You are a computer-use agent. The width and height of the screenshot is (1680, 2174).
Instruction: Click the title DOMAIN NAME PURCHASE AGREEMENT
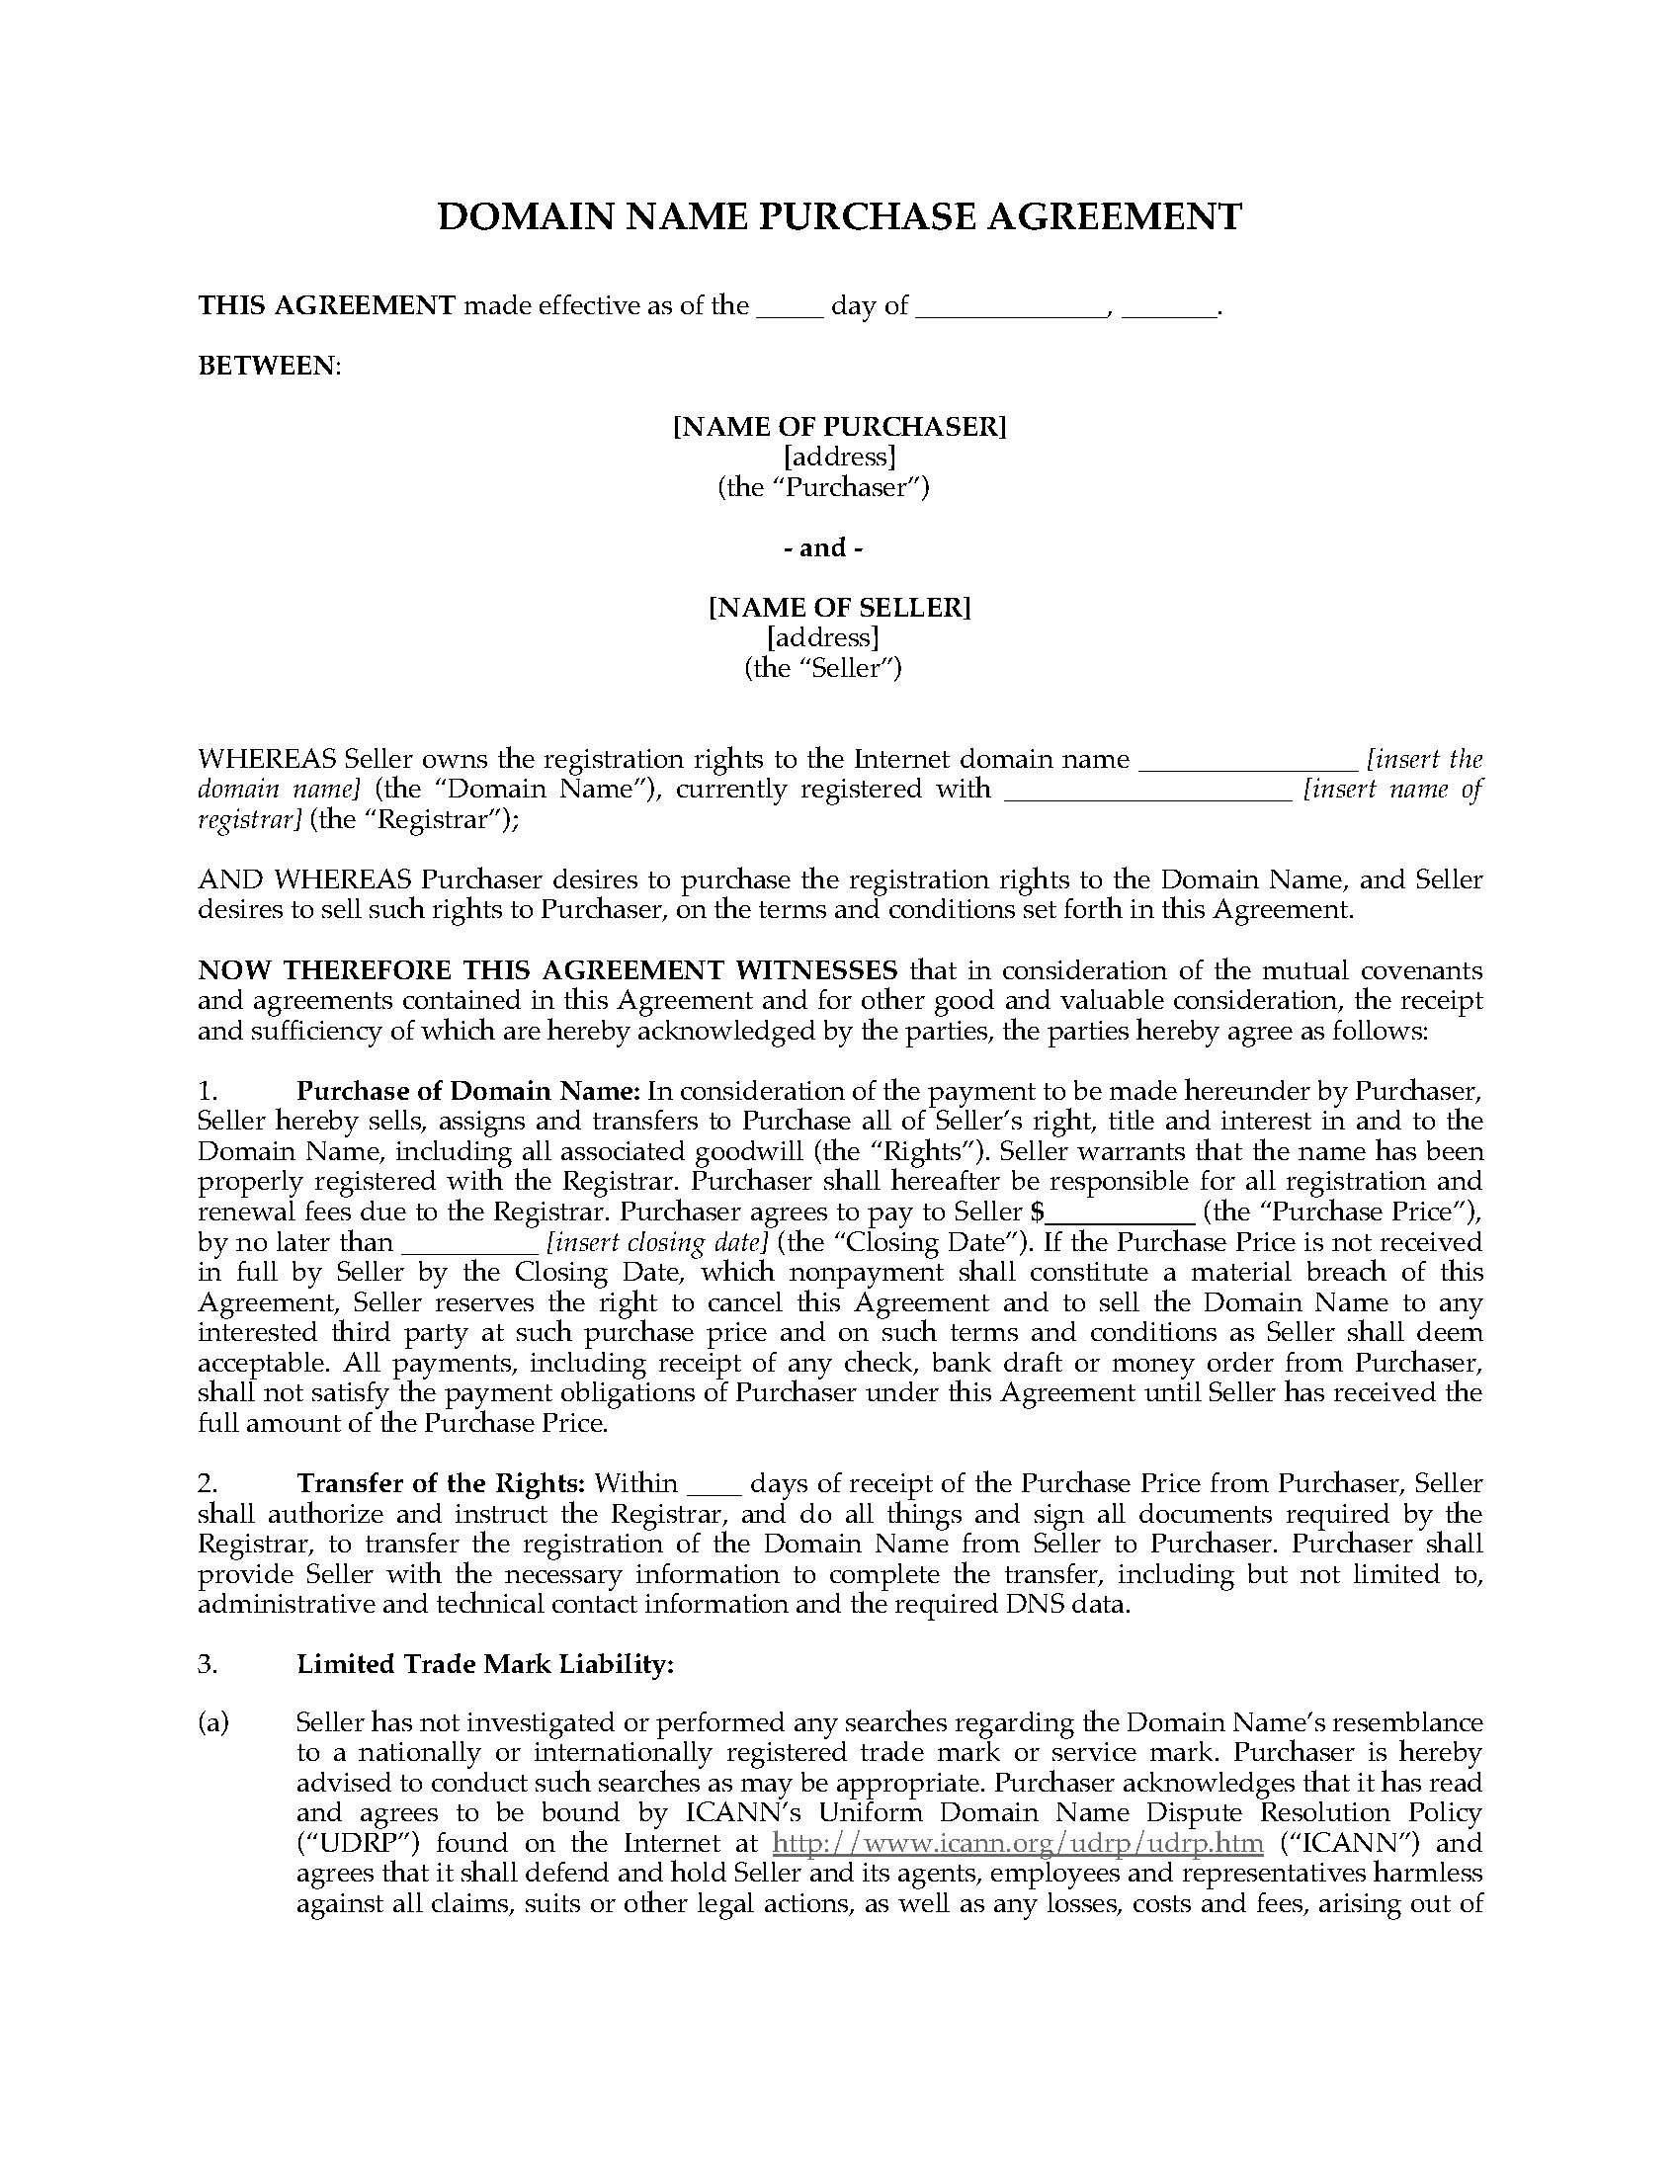click(x=839, y=217)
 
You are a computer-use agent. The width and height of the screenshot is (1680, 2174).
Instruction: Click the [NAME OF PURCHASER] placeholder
click(x=839, y=426)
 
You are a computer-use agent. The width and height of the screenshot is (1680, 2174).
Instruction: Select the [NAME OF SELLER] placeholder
click(x=839, y=606)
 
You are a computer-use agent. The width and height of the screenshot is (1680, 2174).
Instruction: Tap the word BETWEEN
click(x=269, y=366)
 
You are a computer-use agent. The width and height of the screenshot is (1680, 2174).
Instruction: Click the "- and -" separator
click(x=823, y=546)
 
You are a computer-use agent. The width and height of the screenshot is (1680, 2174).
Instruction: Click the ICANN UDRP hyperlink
click(x=1017, y=1843)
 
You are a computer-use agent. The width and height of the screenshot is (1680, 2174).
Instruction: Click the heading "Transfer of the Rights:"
click(x=441, y=1483)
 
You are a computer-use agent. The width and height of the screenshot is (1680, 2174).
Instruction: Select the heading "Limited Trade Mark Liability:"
click(x=485, y=1663)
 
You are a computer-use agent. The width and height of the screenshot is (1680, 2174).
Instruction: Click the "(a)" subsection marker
click(x=213, y=1723)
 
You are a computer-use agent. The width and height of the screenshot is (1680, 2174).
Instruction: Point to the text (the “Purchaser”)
click(x=823, y=487)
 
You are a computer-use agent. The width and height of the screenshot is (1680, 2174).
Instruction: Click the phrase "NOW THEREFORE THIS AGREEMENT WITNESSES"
click(x=547, y=969)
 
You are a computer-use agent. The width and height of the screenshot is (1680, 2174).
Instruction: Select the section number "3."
click(x=207, y=1663)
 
